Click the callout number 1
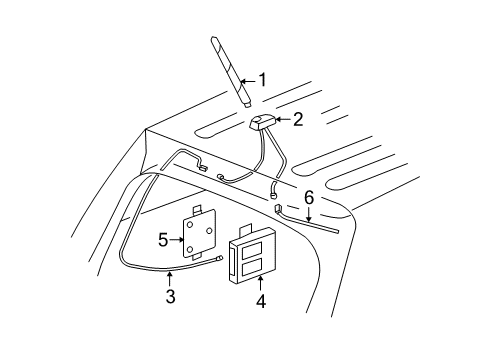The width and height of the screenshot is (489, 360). click(263, 79)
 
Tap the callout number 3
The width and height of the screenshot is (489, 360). click(171, 296)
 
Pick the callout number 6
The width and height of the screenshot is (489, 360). click(309, 197)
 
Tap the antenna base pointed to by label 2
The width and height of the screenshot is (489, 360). click(261, 123)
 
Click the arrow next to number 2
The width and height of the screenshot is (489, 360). click(281, 120)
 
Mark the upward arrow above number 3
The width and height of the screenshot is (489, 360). click(171, 278)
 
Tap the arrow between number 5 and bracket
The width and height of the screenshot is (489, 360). click(178, 240)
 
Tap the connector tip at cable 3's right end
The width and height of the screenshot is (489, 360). click(218, 258)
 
